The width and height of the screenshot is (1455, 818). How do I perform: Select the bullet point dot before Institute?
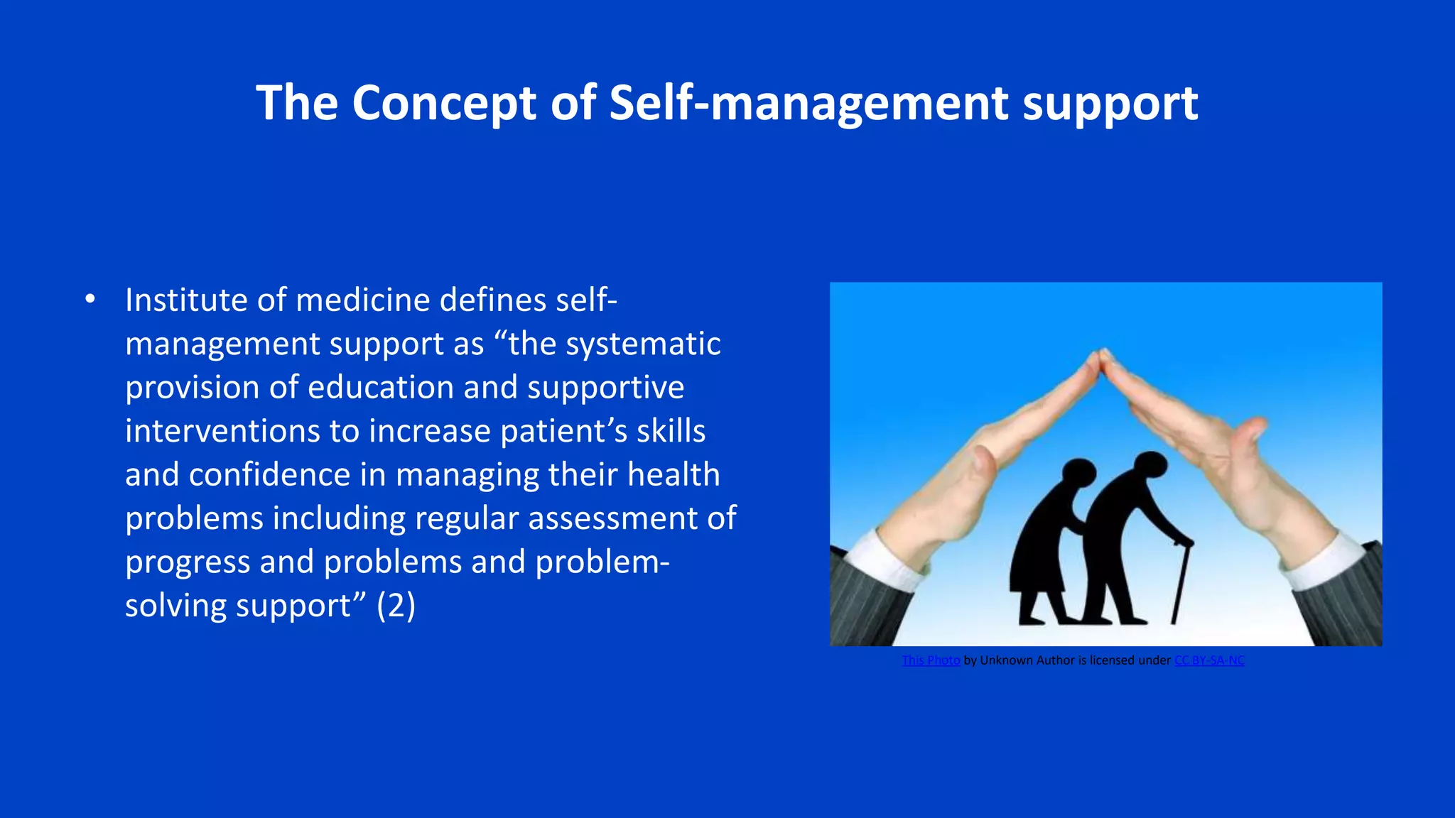(90, 300)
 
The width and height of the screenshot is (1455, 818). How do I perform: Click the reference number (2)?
(396, 606)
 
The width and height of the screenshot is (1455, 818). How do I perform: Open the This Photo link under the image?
(931, 660)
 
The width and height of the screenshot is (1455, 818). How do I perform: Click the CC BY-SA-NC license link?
(1209, 660)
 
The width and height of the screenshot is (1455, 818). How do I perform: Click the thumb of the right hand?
(1250, 431)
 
